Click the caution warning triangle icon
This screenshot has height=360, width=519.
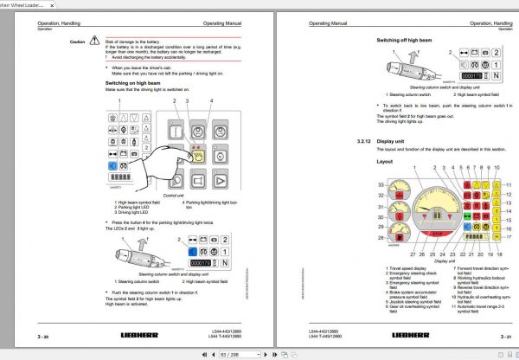(x=97, y=42)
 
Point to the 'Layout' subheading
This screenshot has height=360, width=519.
(x=386, y=160)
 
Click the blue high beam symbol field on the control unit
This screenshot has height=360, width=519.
(x=112, y=164)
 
